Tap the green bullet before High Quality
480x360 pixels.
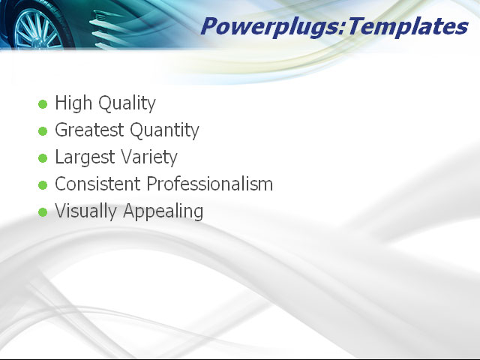43,104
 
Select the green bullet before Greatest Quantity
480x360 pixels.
43,131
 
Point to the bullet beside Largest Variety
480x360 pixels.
43,158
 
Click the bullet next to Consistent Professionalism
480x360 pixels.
43,185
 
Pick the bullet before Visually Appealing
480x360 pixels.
43,212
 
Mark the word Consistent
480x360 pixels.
98,184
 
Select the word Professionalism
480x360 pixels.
210,184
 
